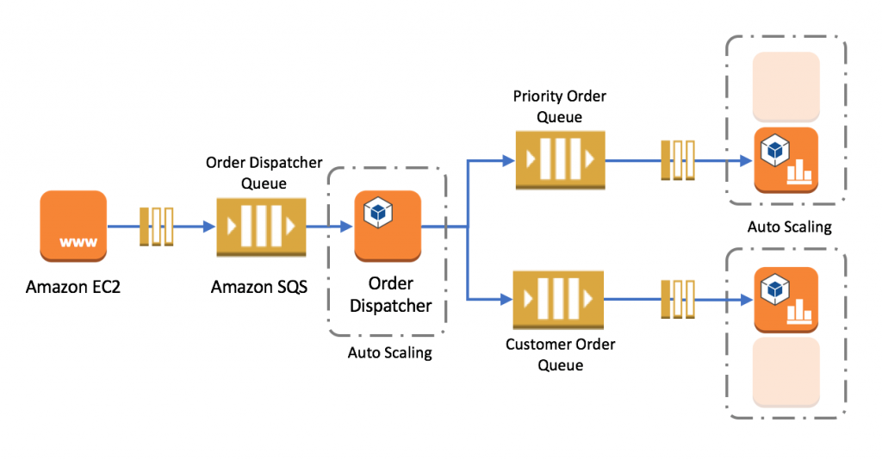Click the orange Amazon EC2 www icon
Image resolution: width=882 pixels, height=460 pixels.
point(73,226)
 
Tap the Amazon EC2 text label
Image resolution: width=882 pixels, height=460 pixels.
point(73,287)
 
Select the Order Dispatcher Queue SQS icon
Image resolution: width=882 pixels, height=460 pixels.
point(261,227)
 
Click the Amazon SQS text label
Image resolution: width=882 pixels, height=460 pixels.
point(258,287)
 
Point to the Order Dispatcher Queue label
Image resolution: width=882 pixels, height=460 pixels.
point(264,171)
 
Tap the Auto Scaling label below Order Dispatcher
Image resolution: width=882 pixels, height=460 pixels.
point(389,352)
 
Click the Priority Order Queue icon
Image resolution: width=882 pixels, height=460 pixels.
point(559,160)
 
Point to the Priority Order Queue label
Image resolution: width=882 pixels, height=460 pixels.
point(559,106)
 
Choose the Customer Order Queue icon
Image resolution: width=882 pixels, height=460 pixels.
point(557,299)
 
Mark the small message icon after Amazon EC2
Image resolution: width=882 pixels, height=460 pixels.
point(157,227)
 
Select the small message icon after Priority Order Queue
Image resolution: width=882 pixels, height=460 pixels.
point(677,160)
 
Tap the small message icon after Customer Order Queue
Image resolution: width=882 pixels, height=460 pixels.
point(677,299)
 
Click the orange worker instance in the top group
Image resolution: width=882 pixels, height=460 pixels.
point(786,160)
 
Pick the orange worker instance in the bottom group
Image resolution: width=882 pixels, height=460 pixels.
point(786,299)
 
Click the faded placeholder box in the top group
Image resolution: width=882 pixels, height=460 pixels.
point(786,86)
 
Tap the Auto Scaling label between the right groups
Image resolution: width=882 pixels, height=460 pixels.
point(789,227)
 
